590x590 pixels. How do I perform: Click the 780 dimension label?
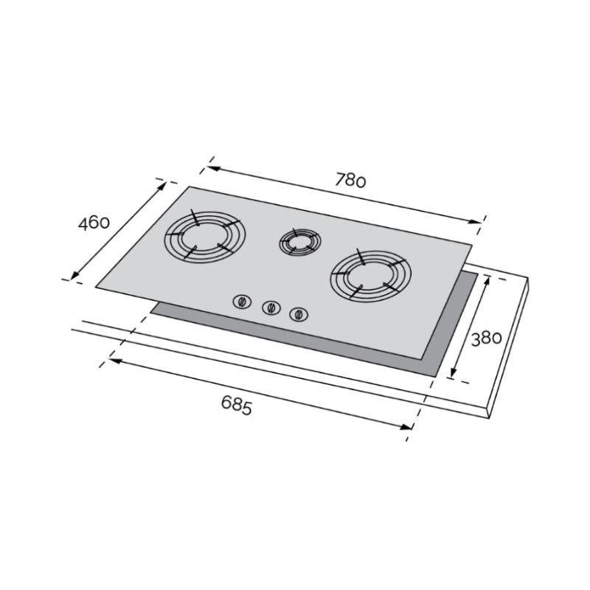tap(350, 180)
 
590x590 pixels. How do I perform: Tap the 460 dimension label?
tap(94, 223)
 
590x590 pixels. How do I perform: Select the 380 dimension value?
tap(487, 339)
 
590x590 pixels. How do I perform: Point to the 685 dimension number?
tap(236, 405)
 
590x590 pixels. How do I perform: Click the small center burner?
tap(300, 242)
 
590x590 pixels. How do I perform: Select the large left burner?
tap(204, 236)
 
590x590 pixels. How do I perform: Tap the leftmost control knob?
tap(242, 302)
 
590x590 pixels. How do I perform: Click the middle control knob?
tap(271, 308)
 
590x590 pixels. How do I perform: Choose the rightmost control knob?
tap(299, 314)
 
